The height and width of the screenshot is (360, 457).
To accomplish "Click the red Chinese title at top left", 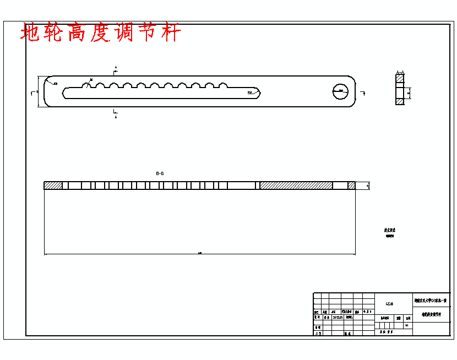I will pyautogui.click(x=101, y=33).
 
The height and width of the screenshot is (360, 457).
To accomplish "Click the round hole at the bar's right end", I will pyautogui.click(x=341, y=91).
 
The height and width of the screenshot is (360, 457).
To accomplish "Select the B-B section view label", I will pyautogui.click(x=160, y=173).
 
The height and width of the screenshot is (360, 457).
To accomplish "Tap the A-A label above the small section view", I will pyautogui.click(x=400, y=72).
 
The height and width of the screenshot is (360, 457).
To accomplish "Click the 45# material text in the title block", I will pyautogui.click(x=389, y=303).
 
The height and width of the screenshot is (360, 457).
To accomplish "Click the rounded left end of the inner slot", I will pyautogui.click(x=65, y=92).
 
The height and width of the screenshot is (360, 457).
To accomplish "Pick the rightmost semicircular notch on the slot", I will pyautogui.click(x=223, y=85).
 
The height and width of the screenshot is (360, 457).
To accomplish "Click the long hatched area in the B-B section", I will pyautogui.click(x=296, y=186).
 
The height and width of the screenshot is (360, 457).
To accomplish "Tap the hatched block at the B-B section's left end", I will pyautogui.click(x=53, y=186).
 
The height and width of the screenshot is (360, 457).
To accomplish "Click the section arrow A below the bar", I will pyautogui.click(x=116, y=114).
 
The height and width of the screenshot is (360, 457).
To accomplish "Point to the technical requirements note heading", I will pyautogui.click(x=390, y=230).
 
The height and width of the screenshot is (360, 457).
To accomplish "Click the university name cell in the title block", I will pyautogui.click(x=431, y=301).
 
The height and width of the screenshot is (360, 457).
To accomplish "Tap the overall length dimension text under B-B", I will pyautogui.click(x=199, y=253).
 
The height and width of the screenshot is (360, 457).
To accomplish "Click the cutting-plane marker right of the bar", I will pyautogui.click(x=363, y=92).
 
